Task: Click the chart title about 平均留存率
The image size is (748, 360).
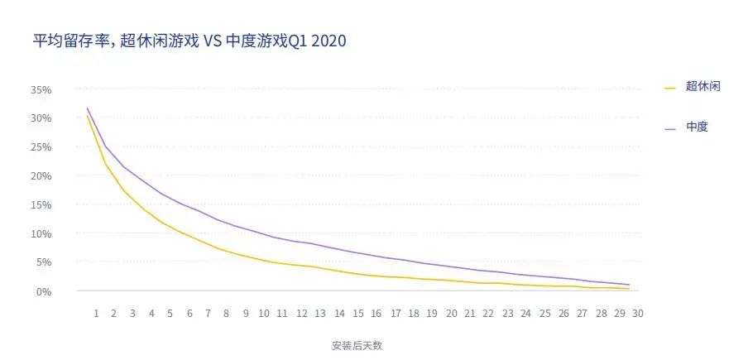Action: [x=189, y=41]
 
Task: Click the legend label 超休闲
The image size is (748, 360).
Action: [x=702, y=86]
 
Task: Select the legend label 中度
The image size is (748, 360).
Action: [x=697, y=127]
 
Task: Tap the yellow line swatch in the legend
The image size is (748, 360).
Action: [x=670, y=87]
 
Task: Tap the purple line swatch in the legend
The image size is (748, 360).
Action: [x=670, y=128]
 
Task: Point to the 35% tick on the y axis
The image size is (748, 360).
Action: [x=40, y=89]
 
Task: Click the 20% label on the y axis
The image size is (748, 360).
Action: [x=40, y=176]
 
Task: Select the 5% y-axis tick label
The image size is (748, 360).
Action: [x=42, y=262]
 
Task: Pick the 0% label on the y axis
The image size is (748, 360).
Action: [x=42, y=291]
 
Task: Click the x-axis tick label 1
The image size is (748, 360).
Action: [x=96, y=314]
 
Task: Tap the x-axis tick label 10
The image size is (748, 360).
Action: [x=264, y=314]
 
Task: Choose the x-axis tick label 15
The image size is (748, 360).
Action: [x=357, y=314]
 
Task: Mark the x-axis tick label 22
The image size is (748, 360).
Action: [x=488, y=314]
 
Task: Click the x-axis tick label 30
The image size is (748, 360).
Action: [x=638, y=314]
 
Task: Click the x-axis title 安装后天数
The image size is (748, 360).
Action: [x=357, y=345]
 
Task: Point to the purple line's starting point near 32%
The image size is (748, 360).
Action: [x=87, y=108]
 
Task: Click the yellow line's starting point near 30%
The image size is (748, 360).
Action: [x=87, y=115]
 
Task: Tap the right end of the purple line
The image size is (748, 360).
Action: [x=630, y=285]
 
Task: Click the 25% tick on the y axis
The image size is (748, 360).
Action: [x=40, y=147]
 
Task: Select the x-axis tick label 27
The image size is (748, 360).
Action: [x=582, y=314]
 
